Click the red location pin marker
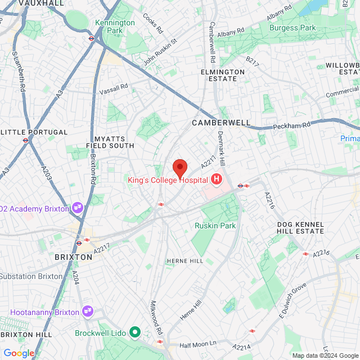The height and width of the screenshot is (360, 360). coord(179,168)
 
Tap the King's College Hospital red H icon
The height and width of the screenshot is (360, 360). coord(216,179)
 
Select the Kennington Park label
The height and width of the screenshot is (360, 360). coord(115,26)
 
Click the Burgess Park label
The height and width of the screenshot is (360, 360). coord(292,27)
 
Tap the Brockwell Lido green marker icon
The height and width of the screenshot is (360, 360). coord(134,332)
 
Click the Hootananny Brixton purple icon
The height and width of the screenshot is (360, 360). coord(87,309)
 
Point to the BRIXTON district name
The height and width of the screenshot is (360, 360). coord(73,256)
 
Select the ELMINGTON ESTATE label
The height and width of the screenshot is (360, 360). coord(223,75)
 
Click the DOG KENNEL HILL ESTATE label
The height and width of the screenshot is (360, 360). coord(300,227)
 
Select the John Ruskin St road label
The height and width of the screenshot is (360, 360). coord(160,52)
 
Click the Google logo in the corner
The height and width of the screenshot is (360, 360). coord(19,353)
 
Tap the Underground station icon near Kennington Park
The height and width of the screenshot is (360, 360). coord(91,38)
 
